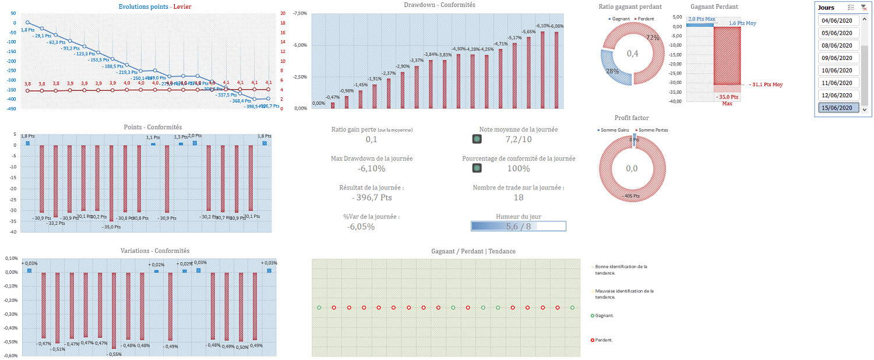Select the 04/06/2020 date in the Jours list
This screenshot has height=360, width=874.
[837, 20]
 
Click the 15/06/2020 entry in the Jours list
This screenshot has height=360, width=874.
[837, 108]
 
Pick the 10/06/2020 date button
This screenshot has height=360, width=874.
[837, 70]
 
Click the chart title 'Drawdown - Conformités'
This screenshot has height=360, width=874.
[439, 5]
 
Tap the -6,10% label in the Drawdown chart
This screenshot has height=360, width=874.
[542, 26]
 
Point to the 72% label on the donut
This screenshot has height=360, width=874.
[653, 38]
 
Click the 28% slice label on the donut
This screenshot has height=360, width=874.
[612, 71]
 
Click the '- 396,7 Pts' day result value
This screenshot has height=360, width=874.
[371, 198]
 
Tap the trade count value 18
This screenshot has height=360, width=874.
[518, 198]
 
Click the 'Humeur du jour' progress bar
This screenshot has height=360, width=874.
[518, 227]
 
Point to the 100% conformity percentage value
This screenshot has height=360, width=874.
[518, 169]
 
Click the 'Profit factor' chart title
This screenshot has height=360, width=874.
[632, 118]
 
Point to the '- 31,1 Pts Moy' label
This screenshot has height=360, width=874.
[766, 84]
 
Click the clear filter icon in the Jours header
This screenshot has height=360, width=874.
[864, 8]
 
